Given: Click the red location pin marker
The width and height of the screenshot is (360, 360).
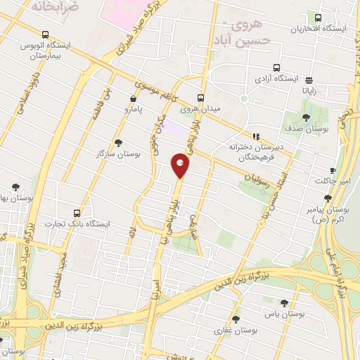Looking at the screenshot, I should point(180,167).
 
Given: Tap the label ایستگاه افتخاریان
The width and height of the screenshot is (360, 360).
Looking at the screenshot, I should point(319,29).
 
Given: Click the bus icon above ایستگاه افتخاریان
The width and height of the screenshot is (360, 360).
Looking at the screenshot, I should point(319,18).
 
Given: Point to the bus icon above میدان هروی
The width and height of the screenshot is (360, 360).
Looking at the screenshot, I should point(200,98).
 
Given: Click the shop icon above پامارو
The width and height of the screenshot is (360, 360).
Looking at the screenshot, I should point(134,99).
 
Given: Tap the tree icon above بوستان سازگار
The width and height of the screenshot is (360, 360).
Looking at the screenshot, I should point(118,141).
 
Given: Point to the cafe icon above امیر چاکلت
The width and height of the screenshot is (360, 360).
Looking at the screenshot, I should point(333,170).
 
